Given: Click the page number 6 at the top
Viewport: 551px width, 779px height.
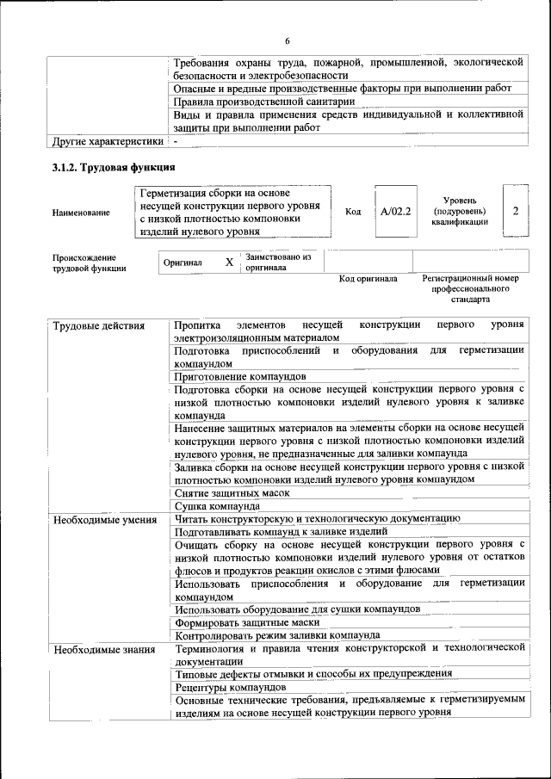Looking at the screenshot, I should pyautogui.click(x=288, y=41).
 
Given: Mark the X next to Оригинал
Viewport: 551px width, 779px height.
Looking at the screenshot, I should pyautogui.click(x=229, y=262).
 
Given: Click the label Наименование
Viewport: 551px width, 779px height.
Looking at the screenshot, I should pyautogui.click(x=81, y=213).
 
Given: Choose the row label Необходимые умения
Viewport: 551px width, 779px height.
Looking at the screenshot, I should pyautogui.click(x=104, y=519).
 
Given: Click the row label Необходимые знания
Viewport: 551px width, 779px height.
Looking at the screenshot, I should pyautogui.click(x=103, y=648).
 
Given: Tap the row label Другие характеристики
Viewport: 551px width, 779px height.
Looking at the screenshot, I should pyautogui.click(x=108, y=141).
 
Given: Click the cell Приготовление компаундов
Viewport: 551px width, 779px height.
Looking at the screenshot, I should pyautogui.click(x=239, y=377).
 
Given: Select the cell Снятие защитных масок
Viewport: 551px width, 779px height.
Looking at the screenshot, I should pyautogui.click(x=231, y=493).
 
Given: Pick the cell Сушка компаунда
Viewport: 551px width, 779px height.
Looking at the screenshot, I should pyautogui.click(x=217, y=506).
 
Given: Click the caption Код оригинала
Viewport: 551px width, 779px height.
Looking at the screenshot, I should pyautogui.click(x=368, y=279).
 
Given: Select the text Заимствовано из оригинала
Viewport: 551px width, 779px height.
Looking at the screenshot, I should pyautogui.click(x=278, y=262).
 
